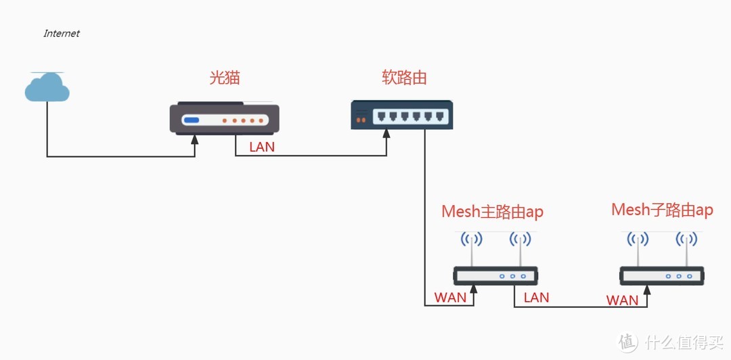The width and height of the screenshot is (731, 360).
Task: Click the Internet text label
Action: pyautogui.click(x=62, y=33)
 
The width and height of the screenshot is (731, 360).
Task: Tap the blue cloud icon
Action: pyautogui.click(x=47, y=87)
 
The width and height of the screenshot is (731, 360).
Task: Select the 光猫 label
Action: pyautogui.click(x=225, y=78)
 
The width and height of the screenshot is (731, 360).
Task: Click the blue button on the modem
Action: pyautogui.click(x=192, y=121)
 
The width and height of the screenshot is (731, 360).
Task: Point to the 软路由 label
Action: pyautogui.click(x=404, y=78)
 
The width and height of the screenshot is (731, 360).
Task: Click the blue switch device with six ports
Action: pyautogui.click(x=402, y=114)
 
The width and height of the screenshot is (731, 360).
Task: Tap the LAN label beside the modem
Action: pyautogui.click(x=262, y=146)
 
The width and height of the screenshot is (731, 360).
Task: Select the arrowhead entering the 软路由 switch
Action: pyautogui.click(x=386, y=134)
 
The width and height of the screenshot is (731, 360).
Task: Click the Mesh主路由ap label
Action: pyautogui.click(x=492, y=212)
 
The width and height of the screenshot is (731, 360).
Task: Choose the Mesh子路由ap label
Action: pyautogui.click(x=662, y=210)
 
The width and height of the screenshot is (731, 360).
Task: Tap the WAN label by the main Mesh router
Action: pyautogui.click(x=450, y=298)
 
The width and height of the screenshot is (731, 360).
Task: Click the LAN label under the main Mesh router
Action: pyautogui.click(x=536, y=297)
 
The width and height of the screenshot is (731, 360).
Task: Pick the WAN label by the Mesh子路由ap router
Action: pyautogui.click(x=622, y=300)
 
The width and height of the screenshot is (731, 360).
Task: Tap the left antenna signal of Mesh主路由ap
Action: pyautogui.click(x=472, y=239)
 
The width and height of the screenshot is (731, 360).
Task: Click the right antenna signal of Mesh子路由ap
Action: pyautogui.click(x=686, y=239)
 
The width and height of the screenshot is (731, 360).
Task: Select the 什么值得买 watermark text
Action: pyautogui.click(x=683, y=343)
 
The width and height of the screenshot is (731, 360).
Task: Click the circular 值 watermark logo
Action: pyautogui.click(x=629, y=342)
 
